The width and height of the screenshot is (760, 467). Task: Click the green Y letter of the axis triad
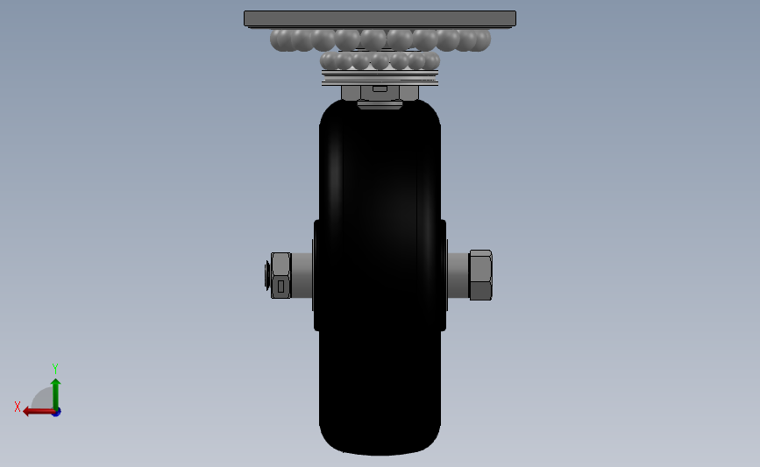tap(54, 369)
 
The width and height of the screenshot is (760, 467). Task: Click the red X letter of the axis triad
tap(18, 407)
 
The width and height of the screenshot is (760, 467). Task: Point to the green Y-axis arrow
tap(55, 393)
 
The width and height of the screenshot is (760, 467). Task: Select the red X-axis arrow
tap(37, 411)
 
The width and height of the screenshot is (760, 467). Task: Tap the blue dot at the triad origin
tap(56, 412)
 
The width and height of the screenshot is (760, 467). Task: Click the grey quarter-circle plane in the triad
tap(43, 400)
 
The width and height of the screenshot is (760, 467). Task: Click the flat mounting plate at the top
tap(380, 18)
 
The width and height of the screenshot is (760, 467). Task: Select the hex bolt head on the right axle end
tap(480, 275)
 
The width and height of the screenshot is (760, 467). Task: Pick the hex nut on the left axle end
tap(281, 275)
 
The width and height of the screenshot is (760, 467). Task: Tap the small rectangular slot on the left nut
tap(281, 286)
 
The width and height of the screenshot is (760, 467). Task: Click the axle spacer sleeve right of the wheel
tap(458, 275)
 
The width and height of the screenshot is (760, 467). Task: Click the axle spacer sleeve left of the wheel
tap(302, 275)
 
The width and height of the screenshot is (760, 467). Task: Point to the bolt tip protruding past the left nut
tap(266, 275)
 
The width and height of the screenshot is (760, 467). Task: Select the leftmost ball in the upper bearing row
tap(281, 39)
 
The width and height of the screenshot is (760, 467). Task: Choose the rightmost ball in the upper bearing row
tap(479, 39)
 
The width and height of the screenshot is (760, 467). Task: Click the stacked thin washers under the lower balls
tap(380, 78)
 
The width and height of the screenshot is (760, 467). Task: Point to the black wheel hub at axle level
tap(380, 275)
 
